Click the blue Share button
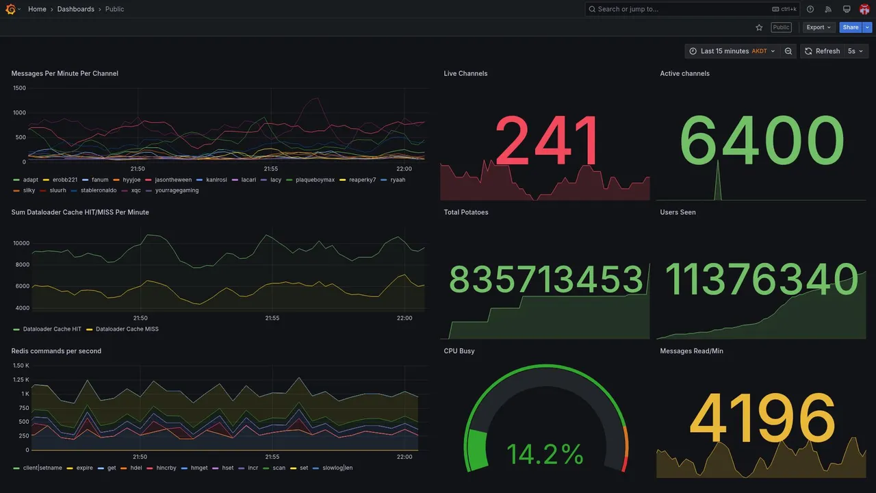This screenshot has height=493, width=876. coord(851,27)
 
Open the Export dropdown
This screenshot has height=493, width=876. coord(819,27)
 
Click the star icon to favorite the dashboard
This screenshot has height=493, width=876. coord(759,27)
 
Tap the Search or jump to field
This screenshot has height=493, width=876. coord(678,10)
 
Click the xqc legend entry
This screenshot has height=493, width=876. coord(136,190)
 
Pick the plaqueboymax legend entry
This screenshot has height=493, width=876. coord(315,180)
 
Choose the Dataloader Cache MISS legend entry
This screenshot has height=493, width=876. coord(127,329)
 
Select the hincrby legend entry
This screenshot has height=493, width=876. coord(166,468)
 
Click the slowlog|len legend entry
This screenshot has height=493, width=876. coord(337,468)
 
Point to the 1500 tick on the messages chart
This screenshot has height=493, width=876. coord(19,88)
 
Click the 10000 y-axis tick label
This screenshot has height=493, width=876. coord(21,243)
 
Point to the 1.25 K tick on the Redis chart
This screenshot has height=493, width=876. coord(21,380)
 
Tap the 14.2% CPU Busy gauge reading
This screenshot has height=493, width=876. coord(545,455)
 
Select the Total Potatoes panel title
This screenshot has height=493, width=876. coord(466,212)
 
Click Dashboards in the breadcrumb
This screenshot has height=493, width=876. coord(76,10)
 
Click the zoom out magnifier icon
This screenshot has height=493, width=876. coord(788,51)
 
